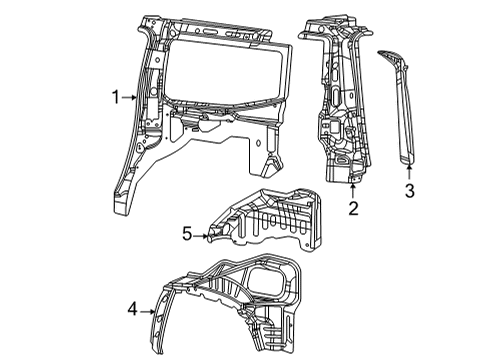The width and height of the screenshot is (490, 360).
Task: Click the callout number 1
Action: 116,97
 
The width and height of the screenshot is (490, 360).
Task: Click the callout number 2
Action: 353,207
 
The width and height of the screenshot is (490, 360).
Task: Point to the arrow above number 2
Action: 353,189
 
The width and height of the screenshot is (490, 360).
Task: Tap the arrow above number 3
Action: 408,169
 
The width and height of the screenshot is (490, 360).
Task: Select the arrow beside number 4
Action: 150,311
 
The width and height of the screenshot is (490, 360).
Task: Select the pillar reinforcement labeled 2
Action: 340,110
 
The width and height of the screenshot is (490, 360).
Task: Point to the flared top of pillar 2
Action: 331,25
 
